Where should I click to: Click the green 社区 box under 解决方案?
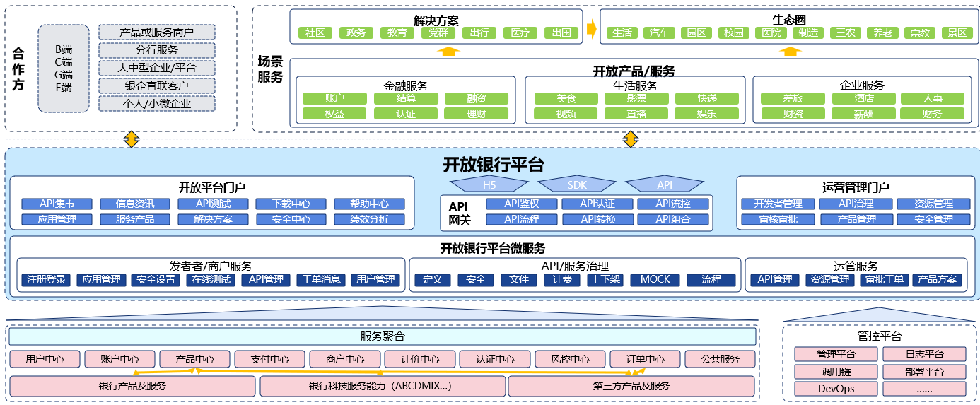click(315, 33)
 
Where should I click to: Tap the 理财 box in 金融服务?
click(476, 113)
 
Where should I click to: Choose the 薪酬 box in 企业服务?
click(863, 113)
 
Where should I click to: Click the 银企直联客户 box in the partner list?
click(156, 86)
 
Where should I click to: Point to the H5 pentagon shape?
click(489, 184)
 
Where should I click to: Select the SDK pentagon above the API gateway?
click(577, 184)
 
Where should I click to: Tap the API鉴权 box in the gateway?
click(522, 204)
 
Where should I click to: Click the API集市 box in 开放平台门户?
click(57, 204)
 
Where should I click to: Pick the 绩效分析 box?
click(369, 219)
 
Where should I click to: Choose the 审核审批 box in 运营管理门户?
click(778, 219)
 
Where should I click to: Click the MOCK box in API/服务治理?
click(655, 279)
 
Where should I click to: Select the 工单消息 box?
click(321, 279)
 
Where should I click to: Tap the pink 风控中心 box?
click(570, 359)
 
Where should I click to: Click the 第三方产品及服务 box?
click(631, 386)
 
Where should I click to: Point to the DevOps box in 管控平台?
click(836, 388)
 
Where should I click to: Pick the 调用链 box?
click(836, 371)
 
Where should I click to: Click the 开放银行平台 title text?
click(494, 165)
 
